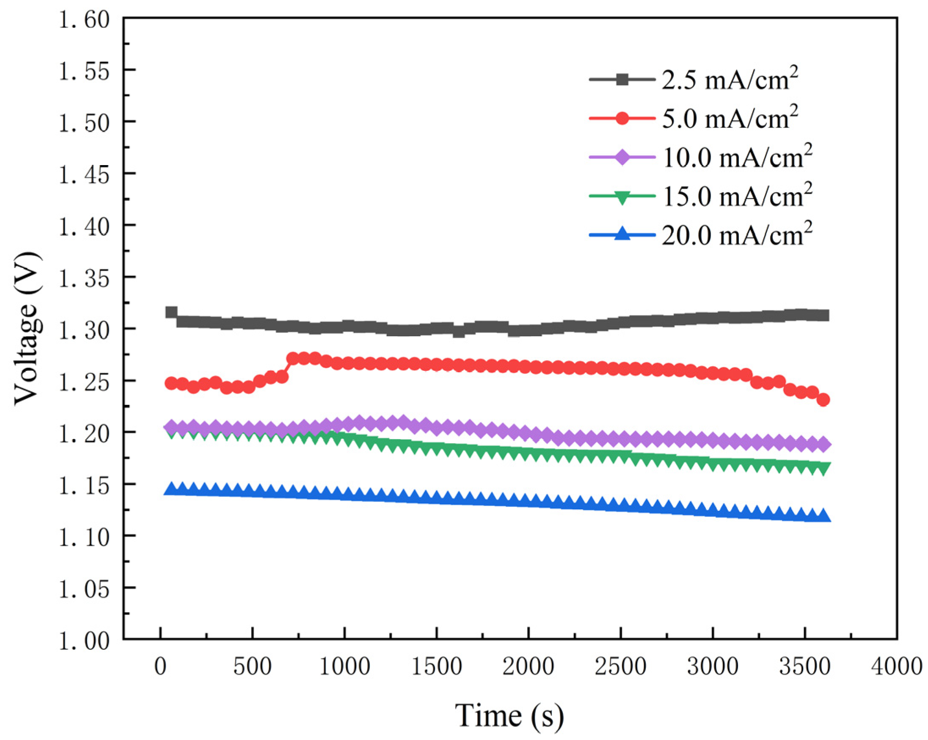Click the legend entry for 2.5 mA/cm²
tap(729, 80)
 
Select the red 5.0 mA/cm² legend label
tap(729, 119)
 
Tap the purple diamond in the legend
tap(622, 157)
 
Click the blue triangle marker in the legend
tap(622, 235)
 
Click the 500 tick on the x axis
tap(252, 667)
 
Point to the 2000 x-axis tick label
tap(528, 667)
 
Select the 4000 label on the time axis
tap(896, 667)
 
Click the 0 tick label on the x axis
tap(160, 667)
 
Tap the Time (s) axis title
tap(509, 716)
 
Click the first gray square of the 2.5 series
tap(171, 312)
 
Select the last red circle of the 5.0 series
tap(823, 400)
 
